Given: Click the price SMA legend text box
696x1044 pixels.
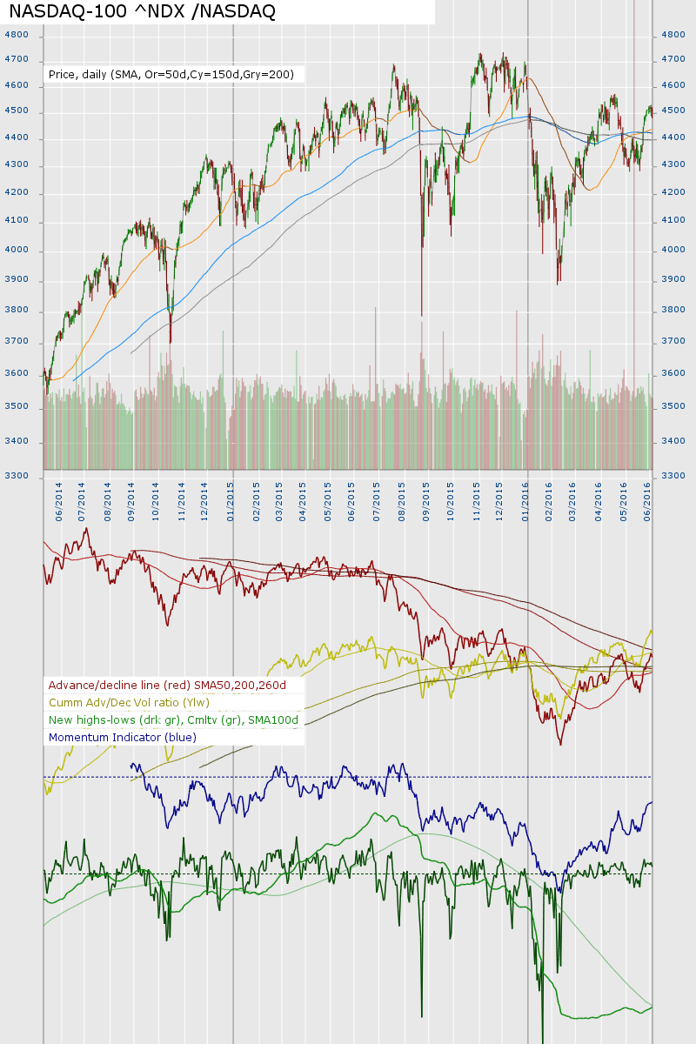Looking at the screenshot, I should (x=171, y=75).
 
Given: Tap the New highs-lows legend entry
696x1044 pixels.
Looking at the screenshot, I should (x=173, y=720).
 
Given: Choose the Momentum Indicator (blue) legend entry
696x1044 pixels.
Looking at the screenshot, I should (x=123, y=738).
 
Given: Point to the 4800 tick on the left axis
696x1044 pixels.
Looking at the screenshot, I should (x=17, y=35).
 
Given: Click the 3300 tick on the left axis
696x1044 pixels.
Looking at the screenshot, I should (x=17, y=476).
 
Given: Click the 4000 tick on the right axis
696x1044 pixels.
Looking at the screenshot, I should (x=674, y=251).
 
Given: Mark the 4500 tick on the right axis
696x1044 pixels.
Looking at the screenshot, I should (x=674, y=111).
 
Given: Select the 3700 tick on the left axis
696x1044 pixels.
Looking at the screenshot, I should (x=17, y=342).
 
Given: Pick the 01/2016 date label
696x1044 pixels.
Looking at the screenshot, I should (x=526, y=503).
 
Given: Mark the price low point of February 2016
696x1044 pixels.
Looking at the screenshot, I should (x=558, y=284).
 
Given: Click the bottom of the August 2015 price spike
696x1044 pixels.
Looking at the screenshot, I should (x=422, y=316).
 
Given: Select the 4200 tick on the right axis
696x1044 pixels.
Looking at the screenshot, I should (x=674, y=193).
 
